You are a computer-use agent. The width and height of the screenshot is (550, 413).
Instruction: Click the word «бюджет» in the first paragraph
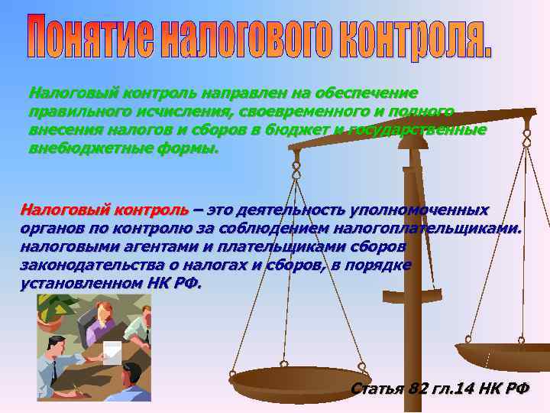coord(296,129)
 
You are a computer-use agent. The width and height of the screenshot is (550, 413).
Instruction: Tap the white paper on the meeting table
coord(112,351)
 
